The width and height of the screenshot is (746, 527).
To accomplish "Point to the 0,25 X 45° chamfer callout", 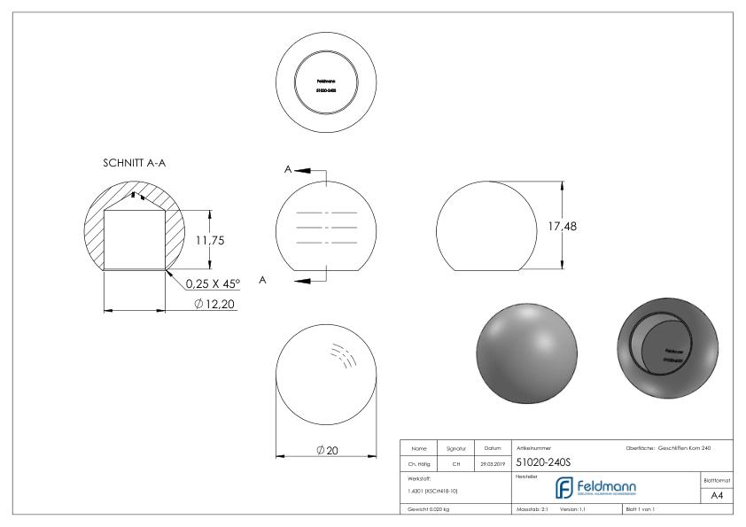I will click(218, 284).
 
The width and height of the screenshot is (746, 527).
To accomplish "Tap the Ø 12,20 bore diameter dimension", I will click(214, 305).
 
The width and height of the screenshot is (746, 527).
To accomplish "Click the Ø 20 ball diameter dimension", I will click(327, 450).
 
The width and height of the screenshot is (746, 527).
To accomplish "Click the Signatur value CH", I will click(456, 461).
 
